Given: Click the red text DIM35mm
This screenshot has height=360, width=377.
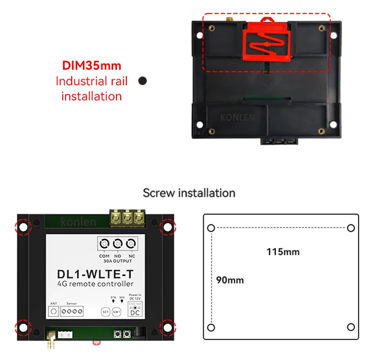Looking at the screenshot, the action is [92, 65].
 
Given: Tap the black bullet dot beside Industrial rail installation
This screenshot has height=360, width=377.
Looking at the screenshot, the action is [142, 81].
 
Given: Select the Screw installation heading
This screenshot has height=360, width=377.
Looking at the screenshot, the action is [189, 193].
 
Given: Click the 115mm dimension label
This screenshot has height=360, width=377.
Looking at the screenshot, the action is [283, 252].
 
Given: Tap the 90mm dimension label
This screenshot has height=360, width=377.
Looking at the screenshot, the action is [230, 280].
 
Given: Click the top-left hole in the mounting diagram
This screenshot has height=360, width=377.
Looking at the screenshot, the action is [211, 228].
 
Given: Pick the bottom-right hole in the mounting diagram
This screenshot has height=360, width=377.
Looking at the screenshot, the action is [351, 327].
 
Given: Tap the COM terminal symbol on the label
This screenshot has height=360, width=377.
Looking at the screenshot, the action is [105, 244].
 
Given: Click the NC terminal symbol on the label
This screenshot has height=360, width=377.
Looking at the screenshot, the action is [131, 244].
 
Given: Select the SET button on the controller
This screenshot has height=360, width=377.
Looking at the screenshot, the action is [106, 311].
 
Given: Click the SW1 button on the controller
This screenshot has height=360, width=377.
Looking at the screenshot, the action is [116, 311].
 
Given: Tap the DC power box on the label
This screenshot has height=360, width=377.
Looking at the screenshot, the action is [135, 311].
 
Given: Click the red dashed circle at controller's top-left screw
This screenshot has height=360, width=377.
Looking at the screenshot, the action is [23, 228].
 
